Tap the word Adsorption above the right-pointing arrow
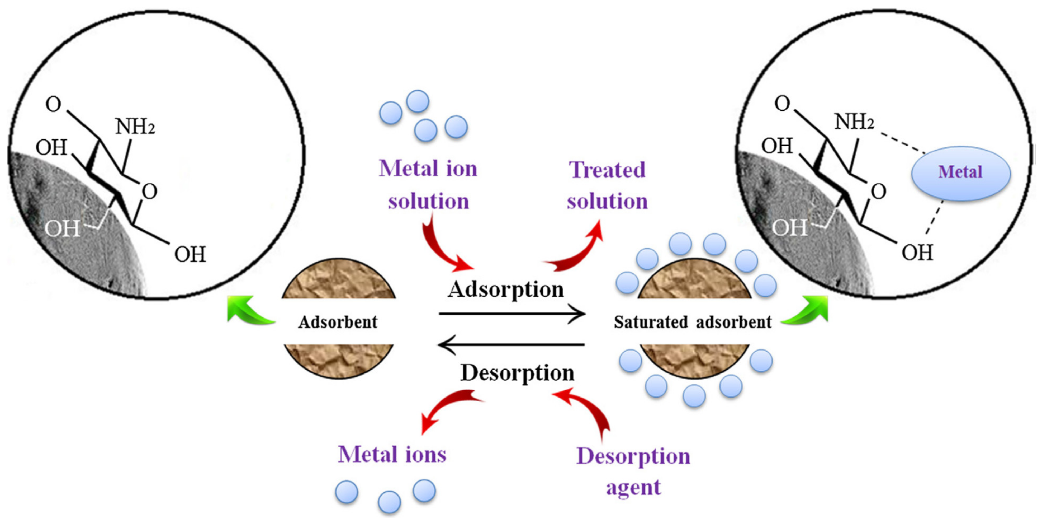(x=506, y=290)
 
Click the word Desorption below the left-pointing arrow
(x=517, y=373)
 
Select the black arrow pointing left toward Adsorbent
(x=512, y=345)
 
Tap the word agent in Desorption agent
(x=633, y=487)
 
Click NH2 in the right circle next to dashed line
(x=854, y=122)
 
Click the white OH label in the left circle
(x=62, y=229)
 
